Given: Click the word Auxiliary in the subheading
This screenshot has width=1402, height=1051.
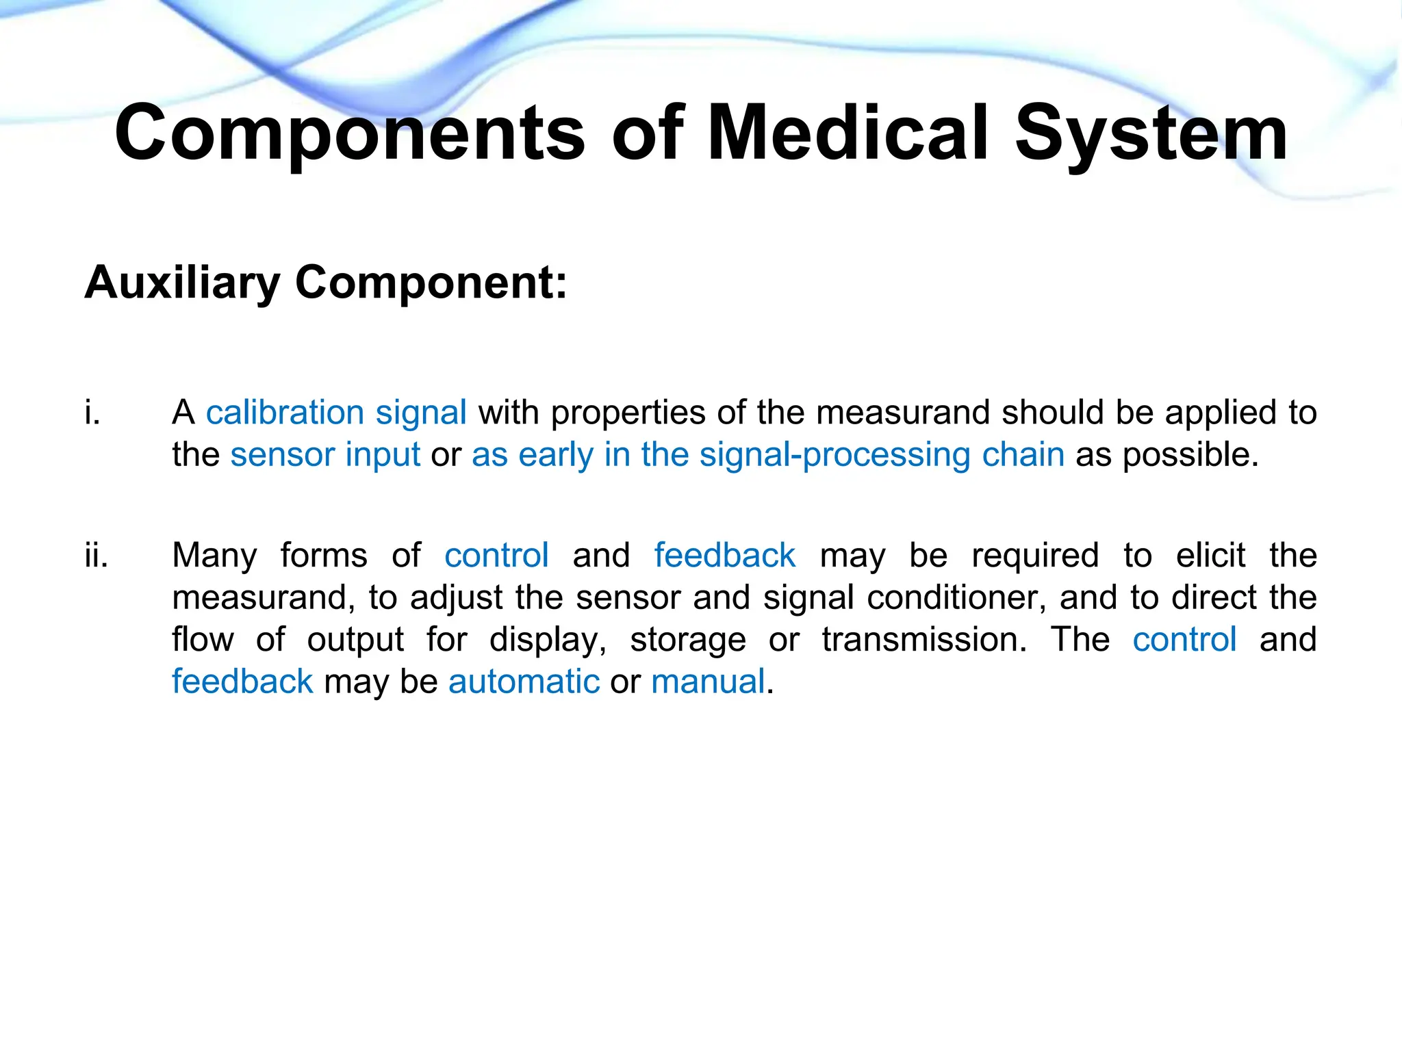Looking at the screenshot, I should (x=182, y=283).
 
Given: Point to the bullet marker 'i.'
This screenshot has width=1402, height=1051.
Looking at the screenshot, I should (x=92, y=413).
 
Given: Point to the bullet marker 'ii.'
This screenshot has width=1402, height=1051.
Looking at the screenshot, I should (x=97, y=555).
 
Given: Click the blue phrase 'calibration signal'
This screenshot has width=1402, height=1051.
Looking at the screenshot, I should (x=336, y=413).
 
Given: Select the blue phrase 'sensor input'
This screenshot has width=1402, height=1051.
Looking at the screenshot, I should (x=325, y=455).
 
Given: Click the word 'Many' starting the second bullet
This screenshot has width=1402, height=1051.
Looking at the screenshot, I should (x=214, y=555).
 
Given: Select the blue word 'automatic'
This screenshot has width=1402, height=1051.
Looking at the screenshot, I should (x=524, y=682).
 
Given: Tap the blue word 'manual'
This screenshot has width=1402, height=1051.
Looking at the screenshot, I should (x=708, y=682).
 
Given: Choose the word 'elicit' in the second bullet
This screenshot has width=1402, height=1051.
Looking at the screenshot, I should (x=1210, y=555).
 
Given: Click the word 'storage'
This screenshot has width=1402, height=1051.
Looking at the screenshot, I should (x=687, y=640).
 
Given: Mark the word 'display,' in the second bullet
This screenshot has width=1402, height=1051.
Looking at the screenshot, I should (x=548, y=640).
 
